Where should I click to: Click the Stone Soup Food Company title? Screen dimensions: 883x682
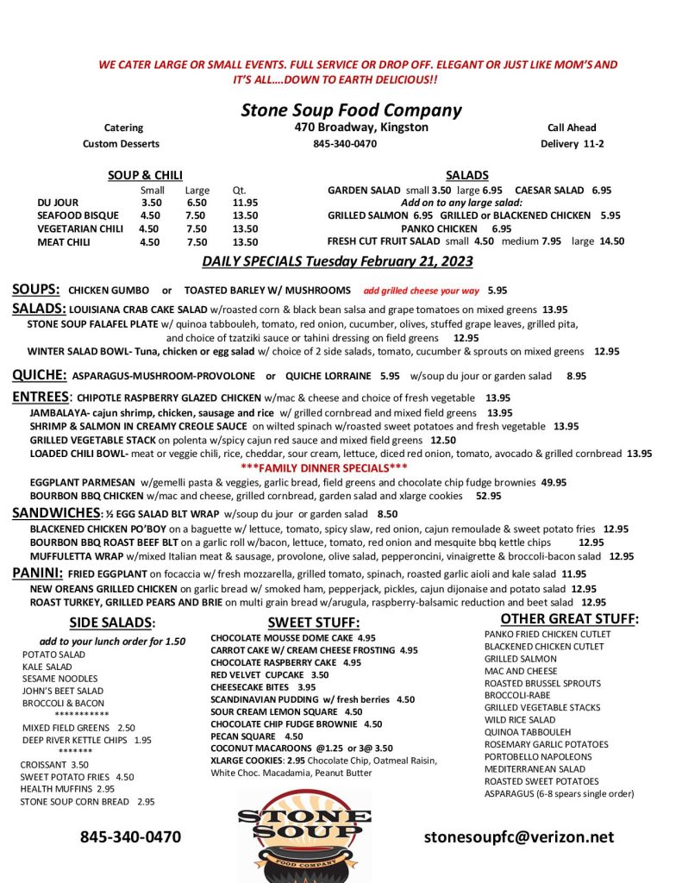pyautogui.click(x=351, y=110)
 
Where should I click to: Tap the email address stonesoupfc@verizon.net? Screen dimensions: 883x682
pyautogui.click(x=519, y=836)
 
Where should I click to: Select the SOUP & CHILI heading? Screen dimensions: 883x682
pyautogui.click(x=145, y=175)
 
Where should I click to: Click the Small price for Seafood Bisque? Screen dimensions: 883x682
pyautogui.click(x=150, y=216)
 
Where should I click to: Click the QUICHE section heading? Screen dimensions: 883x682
pyautogui.click(x=39, y=375)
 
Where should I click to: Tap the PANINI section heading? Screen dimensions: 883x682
pyautogui.click(x=37, y=573)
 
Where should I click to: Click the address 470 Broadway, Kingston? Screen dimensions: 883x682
pyautogui.click(x=360, y=128)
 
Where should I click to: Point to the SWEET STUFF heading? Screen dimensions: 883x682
pyautogui.click(x=313, y=623)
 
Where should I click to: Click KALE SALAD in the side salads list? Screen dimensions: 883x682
pyautogui.click(x=47, y=667)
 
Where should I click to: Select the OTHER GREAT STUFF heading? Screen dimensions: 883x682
pyautogui.click(x=569, y=618)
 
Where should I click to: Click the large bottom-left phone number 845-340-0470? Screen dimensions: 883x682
pyautogui.click(x=130, y=836)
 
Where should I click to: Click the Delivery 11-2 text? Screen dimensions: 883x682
pyautogui.click(x=572, y=144)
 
